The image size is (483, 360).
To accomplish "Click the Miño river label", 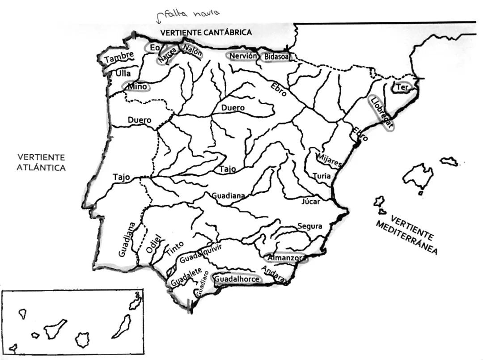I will (x=137, y=87).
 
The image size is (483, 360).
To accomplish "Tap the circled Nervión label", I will (x=243, y=56).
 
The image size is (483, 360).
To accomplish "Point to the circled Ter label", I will (x=402, y=88).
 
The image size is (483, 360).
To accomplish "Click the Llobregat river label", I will (x=381, y=113).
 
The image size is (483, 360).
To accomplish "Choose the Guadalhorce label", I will (x=237, y=279).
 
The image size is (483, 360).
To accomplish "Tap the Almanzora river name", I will (x=286, y=258).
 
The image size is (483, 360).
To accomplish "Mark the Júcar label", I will (x=310, y=202).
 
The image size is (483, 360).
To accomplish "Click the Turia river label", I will (x=322, y=176).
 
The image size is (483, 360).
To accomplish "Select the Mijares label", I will (x=329, y=159).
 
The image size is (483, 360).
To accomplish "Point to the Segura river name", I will (x=309, y=226).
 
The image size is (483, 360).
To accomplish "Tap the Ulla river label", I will (x=123, y=73).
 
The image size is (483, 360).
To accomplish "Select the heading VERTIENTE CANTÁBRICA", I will (x=206, y=33).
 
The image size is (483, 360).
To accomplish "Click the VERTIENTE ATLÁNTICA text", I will (x=41, y=162).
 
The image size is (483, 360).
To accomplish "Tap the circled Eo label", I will (x=155, y=47).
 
